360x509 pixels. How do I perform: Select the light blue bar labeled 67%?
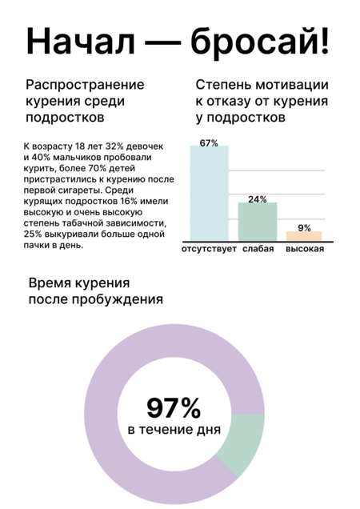(x=210, y=194)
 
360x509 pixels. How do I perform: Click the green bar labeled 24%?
(x=258, y=222)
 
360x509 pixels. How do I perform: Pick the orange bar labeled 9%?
(x=304, y=236)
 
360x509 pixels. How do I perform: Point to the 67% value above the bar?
(x=209, y=143)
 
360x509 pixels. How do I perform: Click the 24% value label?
(x=258, y=199)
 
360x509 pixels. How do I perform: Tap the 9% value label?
(x=305, y=228)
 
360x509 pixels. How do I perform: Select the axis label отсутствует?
(x=209, y=249)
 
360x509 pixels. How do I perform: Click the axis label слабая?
(x=258, y=249)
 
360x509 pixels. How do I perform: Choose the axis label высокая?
(x=305, y=249)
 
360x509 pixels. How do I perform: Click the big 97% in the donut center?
(x=174, y=408)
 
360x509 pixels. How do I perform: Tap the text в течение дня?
(x=174, y=430)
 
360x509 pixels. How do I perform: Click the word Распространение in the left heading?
(x=85, y=85)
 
